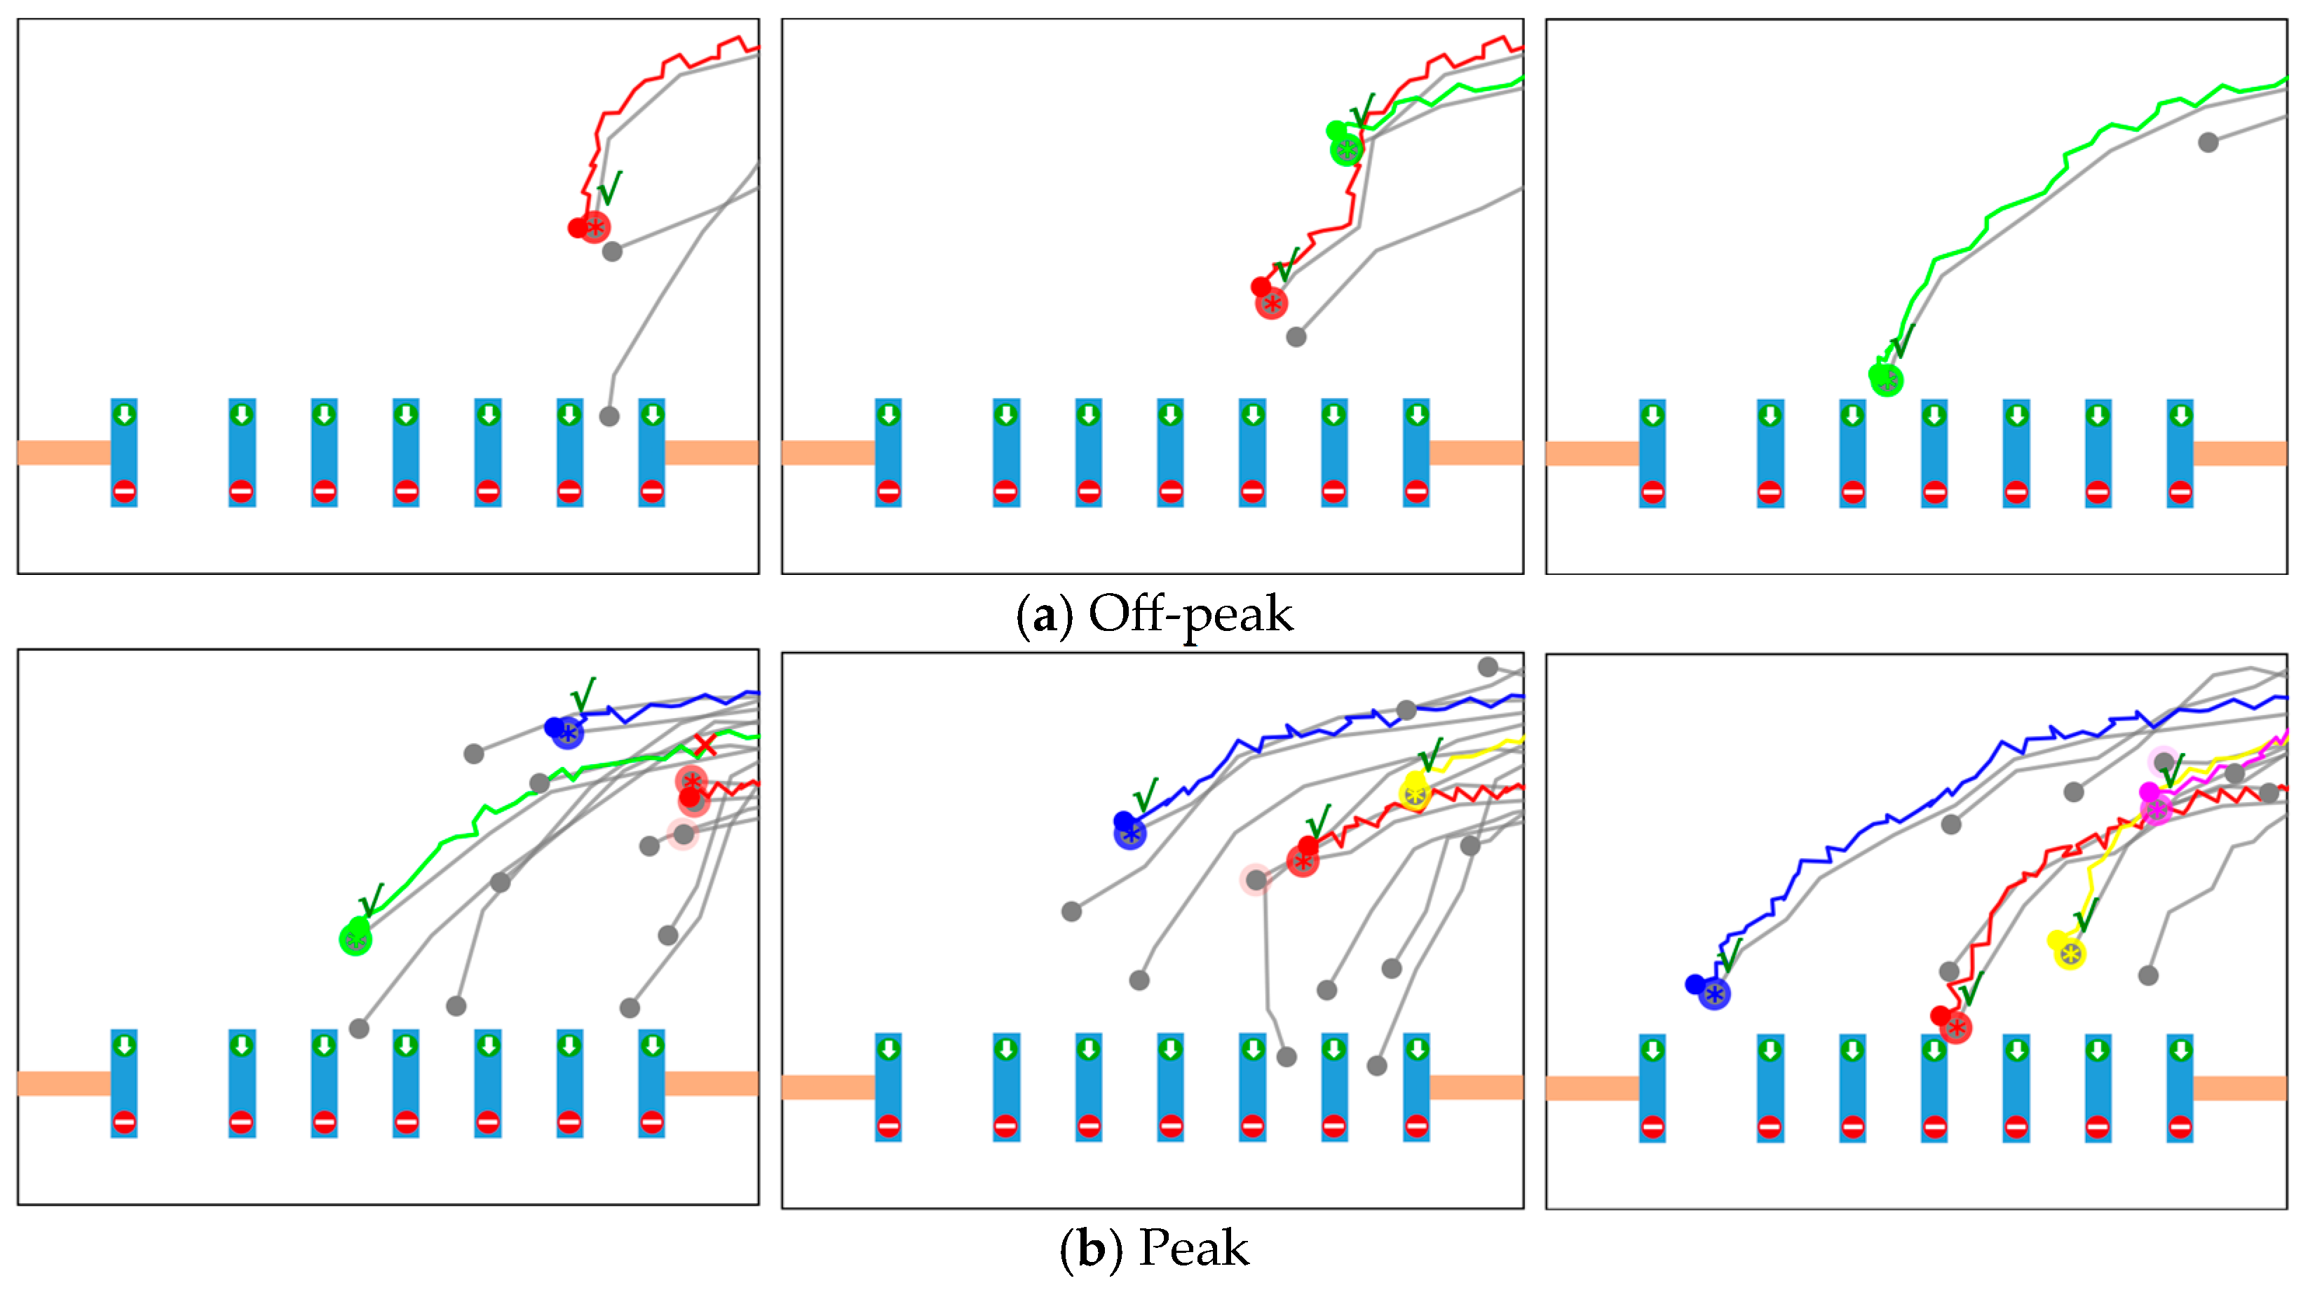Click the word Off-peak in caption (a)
(x=1190, y=615)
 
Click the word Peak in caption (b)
(x=1193, y=1248)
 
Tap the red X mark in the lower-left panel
(x=705, y=744)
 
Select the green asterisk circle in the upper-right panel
(x=1887, y=380)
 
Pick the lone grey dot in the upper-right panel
(x=2208, y=142)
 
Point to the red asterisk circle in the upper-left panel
(x=595, y=227)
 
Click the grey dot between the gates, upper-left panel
(x=609, y=416)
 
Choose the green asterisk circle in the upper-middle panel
(x=1346, y=149)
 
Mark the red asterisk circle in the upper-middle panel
(x=1271, y=304)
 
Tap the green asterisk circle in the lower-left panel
(x=355, y=939)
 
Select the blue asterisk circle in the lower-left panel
(x=567, y=733)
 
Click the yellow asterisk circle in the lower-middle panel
(x=1414, y=794)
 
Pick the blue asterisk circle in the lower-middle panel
(x=1130, y=834)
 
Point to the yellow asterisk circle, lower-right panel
(x=2070, y=954)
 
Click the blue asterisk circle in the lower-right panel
(x=1714, y=993)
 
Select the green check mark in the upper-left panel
(x=609, y=188)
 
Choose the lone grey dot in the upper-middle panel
(x=1296, y=337)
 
